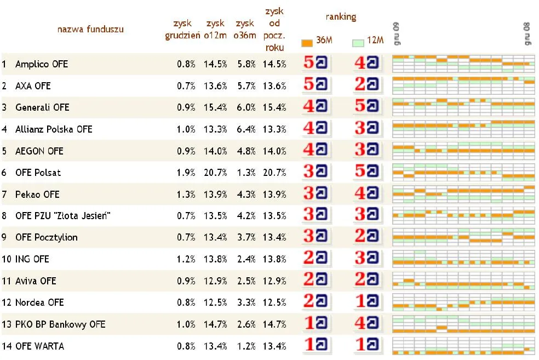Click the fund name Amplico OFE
point(42,64)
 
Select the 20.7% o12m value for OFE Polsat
point(215,173)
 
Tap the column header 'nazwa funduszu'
point(90,29)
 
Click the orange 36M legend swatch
point(307,42)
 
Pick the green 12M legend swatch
point(358,42)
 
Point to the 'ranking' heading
point(340,17)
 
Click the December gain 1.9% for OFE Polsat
point(186,173)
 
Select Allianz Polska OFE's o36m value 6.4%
point(245,129)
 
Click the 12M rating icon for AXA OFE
point(366,85)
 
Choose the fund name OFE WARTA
point(39,346)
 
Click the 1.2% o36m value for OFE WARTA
point(245,346)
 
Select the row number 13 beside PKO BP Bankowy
point(6,324)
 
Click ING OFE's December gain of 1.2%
point(186,259)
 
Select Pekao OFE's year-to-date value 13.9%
point(274,195)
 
